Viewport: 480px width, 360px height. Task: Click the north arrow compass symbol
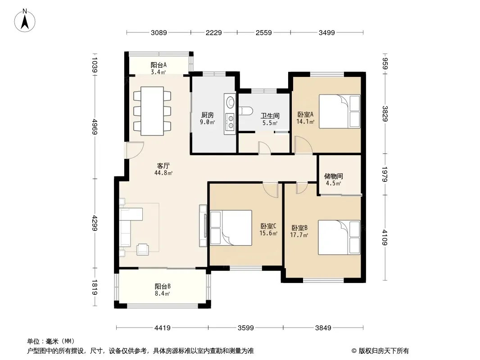[25, 20]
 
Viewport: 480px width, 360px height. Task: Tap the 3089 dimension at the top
[158, 32]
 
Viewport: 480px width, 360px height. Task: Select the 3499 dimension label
[326, 32]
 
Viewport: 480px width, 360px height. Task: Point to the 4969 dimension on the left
[94, 126]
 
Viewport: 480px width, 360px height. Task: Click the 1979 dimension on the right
[385, 174]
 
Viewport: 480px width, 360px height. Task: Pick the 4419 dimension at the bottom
[162, 328]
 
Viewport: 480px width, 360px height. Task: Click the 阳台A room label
[158, 65]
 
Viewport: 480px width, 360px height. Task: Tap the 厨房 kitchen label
[208, 115]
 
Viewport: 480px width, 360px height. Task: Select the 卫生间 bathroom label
[270, 116]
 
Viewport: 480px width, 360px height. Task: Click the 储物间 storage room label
[333, 176]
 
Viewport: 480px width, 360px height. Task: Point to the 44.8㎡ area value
[163, 173]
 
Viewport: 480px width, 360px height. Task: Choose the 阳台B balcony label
[163, 286]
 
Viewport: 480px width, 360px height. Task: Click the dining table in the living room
[152, 111]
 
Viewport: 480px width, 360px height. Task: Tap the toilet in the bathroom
[245, 111]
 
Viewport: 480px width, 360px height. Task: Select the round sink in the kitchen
[230, 101]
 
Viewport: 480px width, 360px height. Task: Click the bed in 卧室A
[340, 111]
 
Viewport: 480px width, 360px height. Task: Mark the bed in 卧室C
[231, 228]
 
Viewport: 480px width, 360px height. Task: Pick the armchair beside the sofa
[143, 249]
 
